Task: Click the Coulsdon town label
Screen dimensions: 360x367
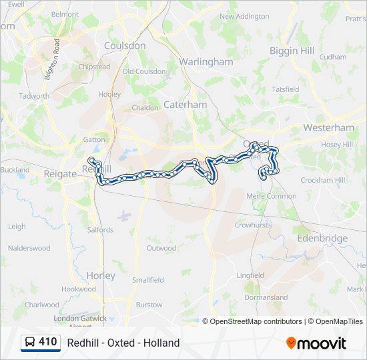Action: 124,46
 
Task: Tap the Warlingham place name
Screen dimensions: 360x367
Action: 206,61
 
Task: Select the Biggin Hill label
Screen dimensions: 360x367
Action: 292,51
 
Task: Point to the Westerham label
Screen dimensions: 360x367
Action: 328,127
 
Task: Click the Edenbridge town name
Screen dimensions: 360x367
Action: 322,238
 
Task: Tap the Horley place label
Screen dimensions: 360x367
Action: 101,275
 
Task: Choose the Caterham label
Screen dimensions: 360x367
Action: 185,105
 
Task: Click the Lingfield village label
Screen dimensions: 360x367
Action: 250,275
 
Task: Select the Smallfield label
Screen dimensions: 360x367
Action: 148,280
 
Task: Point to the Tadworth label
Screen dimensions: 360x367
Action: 34,96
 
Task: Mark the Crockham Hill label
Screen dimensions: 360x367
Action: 322,180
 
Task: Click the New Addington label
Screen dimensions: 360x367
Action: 244,17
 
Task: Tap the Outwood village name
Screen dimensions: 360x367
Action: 161,248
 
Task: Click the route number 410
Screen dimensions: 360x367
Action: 47,342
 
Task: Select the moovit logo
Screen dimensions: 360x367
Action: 316,343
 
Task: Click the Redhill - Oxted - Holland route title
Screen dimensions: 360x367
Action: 123,343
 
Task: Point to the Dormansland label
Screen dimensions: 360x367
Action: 266,297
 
